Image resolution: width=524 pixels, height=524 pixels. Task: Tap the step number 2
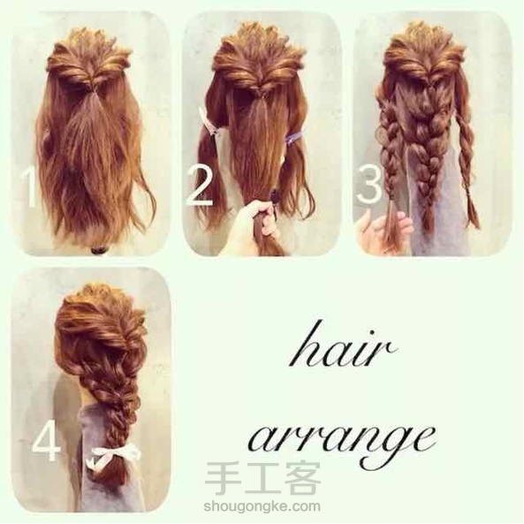(x=200, y=186)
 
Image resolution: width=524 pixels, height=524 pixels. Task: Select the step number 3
(x=369, y=185)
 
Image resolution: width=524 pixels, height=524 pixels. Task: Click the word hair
(x=342, y=347)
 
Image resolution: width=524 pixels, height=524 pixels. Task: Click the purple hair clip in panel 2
(x=292, y=137)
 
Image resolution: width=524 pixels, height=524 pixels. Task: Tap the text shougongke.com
(x=262, y=506)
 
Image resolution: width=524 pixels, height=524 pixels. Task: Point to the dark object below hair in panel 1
(x=99, y=250)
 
